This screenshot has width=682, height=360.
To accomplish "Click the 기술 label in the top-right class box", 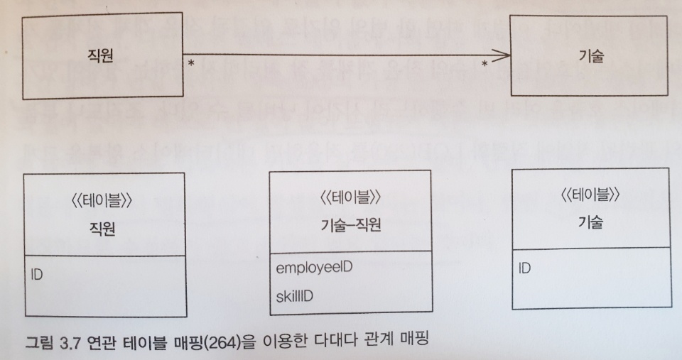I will [x=590, y=58].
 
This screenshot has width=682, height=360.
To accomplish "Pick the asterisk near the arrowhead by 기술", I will [x=485, y=65].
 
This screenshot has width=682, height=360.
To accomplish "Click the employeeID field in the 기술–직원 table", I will [x=314, y=268].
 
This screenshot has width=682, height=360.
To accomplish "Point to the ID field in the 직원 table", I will [x=38, y=273].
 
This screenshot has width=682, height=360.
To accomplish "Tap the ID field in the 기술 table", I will [x=524, y=268].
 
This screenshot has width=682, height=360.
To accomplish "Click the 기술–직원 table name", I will [x=351, y=226].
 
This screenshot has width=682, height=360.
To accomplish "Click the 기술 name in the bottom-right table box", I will [x=590, y=222].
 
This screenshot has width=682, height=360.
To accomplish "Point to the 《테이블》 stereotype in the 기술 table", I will [x=590, y=193].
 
